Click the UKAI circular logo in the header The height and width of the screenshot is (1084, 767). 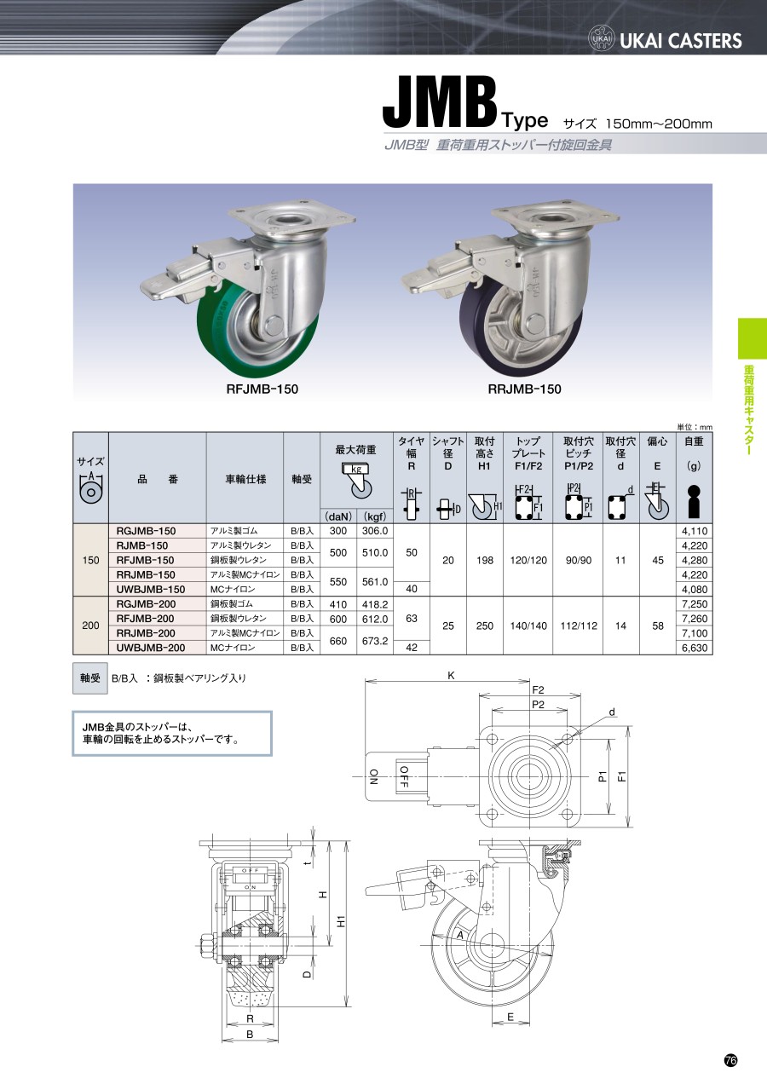pyautogui.click(x=601, y=38)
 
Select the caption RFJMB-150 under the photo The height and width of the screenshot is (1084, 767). pyautogui.click(x=262, y=389)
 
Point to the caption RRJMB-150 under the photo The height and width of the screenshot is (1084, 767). pyautogui.click(x=525, y=389)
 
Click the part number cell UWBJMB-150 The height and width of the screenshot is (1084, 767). pyautogui.click(x=151, y=590)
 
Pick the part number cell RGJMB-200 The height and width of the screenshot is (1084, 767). pyautogui.click(x=146, y=604)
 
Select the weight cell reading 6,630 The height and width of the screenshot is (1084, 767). pyautogui.click(x=695, y=648)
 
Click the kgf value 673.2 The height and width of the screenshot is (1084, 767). pyautogui.click(x=375, y=641)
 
